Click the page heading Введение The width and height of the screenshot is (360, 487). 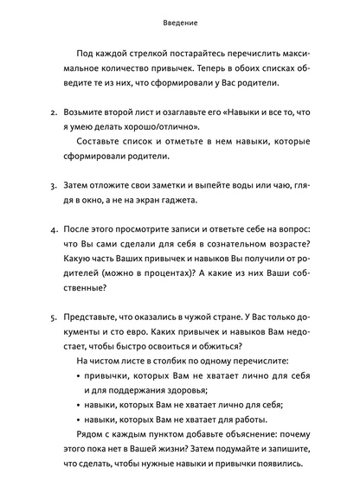tap(180, 22)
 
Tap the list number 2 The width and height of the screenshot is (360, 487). tap(55, 113)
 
